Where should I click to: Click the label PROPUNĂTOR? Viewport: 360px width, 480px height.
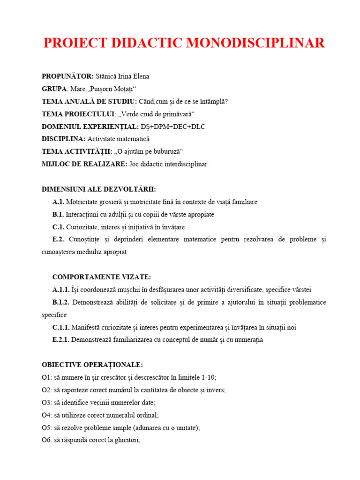click(x=67, y=76)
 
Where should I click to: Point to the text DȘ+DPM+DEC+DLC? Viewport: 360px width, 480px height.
click(x=173, y=127)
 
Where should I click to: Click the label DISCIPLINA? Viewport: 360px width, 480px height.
click(x=64, y=139)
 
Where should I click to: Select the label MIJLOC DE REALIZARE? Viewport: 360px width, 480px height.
click(x=84, y=164)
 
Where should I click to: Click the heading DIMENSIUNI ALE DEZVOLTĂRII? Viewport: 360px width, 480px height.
click(x=99, y=189)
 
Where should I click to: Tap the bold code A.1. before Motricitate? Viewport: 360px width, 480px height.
click(x=58, y=202)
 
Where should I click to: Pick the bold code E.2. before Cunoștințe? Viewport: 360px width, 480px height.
click(x=58, y=240)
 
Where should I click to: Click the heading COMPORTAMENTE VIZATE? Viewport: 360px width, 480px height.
click(x=102, y=277)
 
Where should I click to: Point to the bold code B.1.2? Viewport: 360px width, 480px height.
click(x=61, y=302)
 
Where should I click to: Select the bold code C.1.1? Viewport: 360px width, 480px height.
click(x=61, y=328)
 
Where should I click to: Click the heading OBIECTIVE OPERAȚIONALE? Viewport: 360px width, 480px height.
click(x=92, y=365)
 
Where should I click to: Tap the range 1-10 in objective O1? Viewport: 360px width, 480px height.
click(x=207, y=377)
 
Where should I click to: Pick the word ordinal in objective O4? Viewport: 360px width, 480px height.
click(x=148, y=415)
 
